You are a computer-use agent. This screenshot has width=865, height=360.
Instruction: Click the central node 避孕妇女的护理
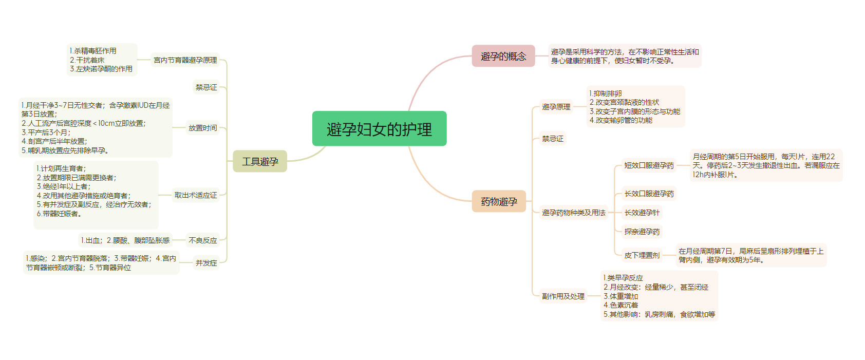click(379, 129)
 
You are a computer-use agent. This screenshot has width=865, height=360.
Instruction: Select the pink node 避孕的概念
click(503, 56)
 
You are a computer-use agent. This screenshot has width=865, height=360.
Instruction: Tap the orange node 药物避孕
click(499, 201)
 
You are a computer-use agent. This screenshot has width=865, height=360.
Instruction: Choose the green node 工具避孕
click(260, 161)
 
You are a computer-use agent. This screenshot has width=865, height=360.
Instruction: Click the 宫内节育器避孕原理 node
click(185, 60)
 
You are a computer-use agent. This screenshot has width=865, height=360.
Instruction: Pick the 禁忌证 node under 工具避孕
click(206, 87)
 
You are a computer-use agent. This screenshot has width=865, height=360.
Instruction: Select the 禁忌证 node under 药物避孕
click(553, 139)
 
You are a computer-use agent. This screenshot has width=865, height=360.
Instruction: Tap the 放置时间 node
click(203, 128)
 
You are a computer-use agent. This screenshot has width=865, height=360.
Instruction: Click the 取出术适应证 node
click(196, 195)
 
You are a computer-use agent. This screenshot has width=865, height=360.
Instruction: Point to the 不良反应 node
click(203, 240)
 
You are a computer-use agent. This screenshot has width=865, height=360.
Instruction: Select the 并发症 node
click(206, 263)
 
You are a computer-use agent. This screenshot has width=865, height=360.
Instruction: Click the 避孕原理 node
click(556, 107)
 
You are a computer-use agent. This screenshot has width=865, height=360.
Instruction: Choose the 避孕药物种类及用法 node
click(574, 213)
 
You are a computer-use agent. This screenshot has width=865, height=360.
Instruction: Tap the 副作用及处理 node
click(563, 296)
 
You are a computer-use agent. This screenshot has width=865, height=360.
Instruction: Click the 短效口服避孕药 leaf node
click(649, 165)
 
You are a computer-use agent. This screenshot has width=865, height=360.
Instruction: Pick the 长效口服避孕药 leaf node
click(649, 194)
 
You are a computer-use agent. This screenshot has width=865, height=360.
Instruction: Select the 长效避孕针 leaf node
click(642, 213)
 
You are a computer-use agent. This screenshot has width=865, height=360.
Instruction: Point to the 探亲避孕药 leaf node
click(642, 232)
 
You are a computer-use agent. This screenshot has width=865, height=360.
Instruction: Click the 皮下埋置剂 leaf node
click(642, 255)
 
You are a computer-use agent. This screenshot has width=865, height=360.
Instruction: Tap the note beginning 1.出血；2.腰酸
click(125, 240)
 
